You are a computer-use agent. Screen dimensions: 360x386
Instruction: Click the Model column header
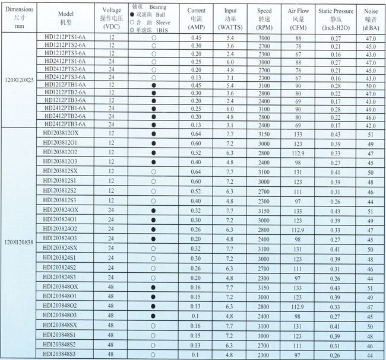click(x=65, y=17)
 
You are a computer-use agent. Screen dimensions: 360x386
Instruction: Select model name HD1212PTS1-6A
click(x=65, y=37)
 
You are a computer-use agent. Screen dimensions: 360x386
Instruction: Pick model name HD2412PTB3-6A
click(x=65, y=125)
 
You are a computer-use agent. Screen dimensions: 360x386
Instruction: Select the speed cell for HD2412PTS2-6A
click(x=264, y=69)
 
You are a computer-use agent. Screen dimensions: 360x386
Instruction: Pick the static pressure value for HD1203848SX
click(x=336, y=325)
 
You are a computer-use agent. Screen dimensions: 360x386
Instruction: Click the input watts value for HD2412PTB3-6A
click(x=230, y=125)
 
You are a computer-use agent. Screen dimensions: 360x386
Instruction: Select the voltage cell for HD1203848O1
click(x=110, y=296)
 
